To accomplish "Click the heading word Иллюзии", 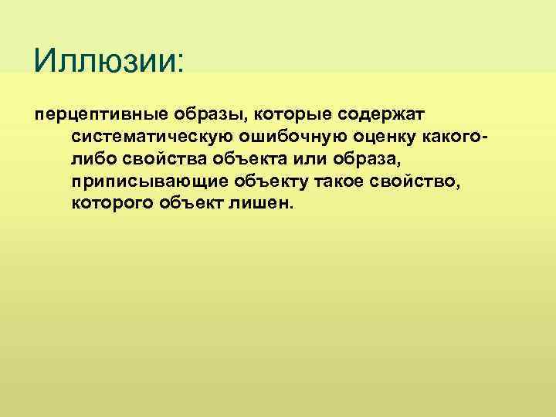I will coord(105,59).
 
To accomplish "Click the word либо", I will coord(92,159).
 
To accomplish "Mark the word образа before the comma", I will coord(368,159).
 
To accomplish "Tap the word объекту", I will coord(271,181).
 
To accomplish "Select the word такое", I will coord(346,181).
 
